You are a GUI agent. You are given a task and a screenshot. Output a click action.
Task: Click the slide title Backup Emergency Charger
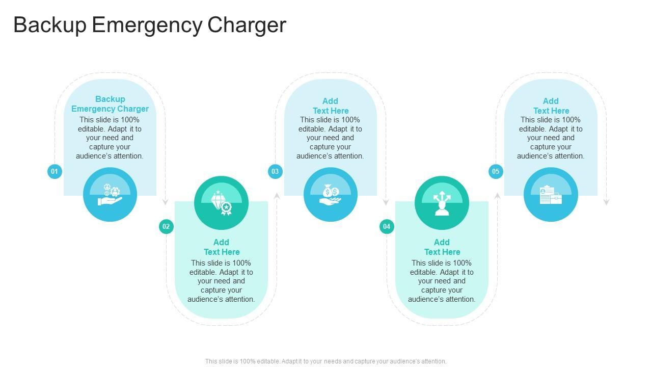pyautogui.click(x=150, y=25)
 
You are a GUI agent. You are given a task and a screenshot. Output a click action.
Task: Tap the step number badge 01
pyautogui.click(x=55, y=171)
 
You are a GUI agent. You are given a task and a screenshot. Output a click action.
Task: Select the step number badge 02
pyautogui.click(x=166, y=226)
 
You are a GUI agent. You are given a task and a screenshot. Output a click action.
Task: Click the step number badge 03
pyautogui.click(x=275, y=171)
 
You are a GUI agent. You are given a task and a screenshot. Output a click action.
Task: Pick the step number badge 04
pyautogui.click(x=387, y=226)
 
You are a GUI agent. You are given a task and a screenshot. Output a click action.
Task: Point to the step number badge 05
pyautogui.click(x=496, y=171)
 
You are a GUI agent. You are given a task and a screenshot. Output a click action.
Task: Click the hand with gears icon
pyautogui.click(x=110, y=195)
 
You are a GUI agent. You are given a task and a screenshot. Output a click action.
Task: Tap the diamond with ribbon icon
pyautogui.click(x=221, y=203)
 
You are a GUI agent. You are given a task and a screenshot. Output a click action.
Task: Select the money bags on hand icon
pyautogui.click(x=330, y=195)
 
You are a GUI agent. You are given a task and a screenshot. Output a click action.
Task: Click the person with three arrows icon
pyautogui.click(x=442, y=203)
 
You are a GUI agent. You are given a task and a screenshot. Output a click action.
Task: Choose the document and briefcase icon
pyautogui.click(x=551, y=195)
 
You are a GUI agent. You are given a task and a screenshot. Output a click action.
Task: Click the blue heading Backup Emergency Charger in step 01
pyautogui.click(x=110, y=104)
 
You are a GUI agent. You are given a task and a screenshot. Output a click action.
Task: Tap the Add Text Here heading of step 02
pyautogui.click(x=222, y=247)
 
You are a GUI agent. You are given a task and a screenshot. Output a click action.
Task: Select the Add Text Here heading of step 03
pyautogui.click(x=331, y=106)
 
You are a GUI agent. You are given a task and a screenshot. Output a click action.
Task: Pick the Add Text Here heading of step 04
pyautogui.click(x=442, y=247)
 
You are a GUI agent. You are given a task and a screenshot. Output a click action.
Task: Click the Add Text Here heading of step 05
pyautogui.click(x=551, y=106)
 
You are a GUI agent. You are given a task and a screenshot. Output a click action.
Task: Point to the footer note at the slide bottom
pyautogui.click(x=326, y=361)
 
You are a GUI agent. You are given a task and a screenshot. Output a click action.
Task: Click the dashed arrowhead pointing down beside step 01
pyautogui.click(x=165, y=202)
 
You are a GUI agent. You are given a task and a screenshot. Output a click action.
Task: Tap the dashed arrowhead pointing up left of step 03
pyautogui.click(x=277, y=195)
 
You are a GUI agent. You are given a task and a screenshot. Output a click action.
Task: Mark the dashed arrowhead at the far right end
pyautogui.click(x=606, y=202)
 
